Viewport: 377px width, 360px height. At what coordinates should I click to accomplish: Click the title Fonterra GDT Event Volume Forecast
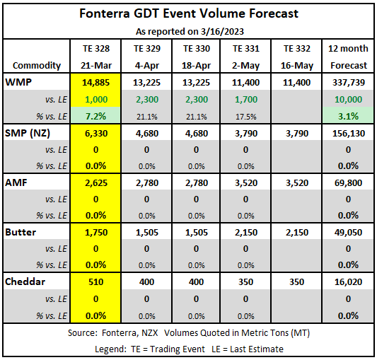(189, 13)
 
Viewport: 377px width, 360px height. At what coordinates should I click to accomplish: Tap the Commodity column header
(37, 65)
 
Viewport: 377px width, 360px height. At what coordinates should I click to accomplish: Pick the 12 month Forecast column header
(348, 57)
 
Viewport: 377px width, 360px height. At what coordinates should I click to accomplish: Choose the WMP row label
(18, 82)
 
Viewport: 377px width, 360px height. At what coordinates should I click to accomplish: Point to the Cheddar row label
(25, 281)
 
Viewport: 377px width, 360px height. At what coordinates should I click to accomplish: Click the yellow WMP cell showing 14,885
(95, 83)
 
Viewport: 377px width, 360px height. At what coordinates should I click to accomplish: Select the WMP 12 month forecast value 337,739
(349, 83)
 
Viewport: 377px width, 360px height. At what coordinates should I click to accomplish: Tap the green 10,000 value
(349, 99)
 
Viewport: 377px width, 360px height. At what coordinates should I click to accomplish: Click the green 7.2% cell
(95, 117)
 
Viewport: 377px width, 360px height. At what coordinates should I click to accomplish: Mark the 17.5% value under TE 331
(245, 117)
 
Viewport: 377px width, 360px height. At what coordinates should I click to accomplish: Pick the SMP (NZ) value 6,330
(96, 134)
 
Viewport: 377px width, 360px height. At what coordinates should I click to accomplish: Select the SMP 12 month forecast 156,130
(349, 134)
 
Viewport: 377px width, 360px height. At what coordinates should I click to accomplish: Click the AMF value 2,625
(96, 183)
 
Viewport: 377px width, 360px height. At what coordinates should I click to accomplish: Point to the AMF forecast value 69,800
(349, 183)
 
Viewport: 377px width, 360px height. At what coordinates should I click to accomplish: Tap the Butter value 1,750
(96, 233)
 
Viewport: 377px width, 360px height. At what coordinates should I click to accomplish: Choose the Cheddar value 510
(95, 281)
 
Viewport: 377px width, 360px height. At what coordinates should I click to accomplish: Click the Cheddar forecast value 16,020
(349, 281)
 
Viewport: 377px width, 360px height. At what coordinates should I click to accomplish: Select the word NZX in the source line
(149, 333)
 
